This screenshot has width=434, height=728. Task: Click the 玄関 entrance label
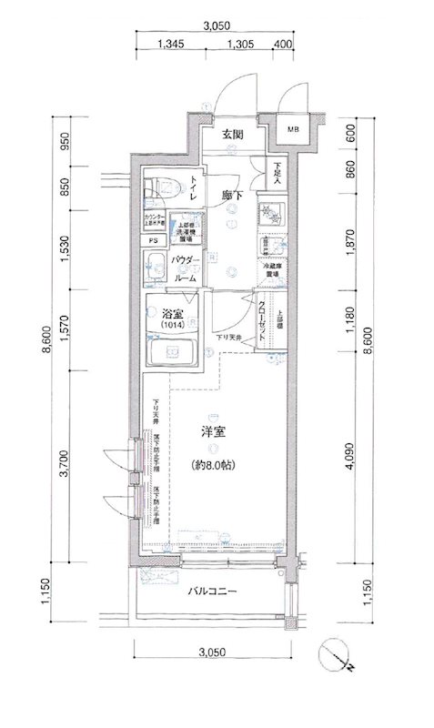click(232, 135)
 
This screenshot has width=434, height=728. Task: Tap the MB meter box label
click(294, 130)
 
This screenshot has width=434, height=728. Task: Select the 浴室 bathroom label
click(172, 313)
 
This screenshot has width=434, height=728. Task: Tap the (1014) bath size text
click(172, 325)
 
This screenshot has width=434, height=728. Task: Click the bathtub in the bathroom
click(173, 351)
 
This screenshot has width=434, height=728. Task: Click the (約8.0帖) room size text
click(212, 466)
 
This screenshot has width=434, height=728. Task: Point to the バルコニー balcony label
click(213, 592)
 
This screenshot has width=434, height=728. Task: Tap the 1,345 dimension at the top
click(171, 44)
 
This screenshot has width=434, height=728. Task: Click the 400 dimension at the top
click(281, 44)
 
